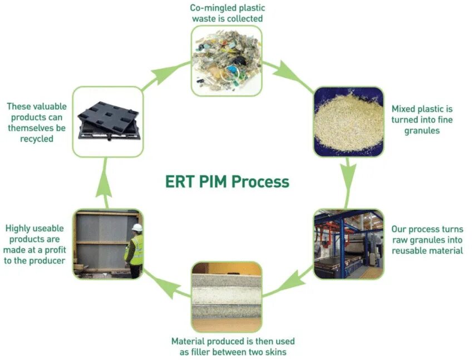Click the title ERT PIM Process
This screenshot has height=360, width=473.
[x=227, y=181]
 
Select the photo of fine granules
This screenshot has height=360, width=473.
[x=348, y=121]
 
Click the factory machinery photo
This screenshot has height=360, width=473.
[x=348, y=244]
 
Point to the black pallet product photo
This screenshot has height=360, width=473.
[x=108, y=121]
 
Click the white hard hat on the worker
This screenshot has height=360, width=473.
[x=137, y=228]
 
